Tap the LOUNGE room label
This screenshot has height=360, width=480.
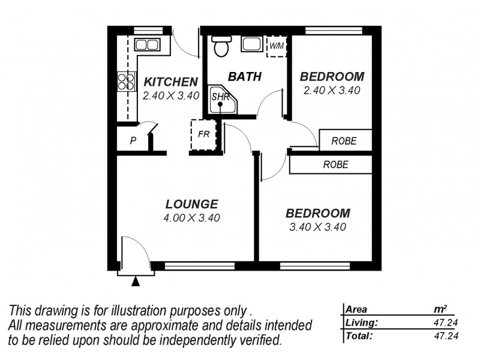191,204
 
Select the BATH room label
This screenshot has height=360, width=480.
245,77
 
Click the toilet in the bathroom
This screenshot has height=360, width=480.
221,46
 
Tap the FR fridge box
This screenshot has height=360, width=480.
203,134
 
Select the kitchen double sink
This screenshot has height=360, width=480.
146,44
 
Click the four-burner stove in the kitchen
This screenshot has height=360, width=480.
126,82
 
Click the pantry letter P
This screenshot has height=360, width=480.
133,142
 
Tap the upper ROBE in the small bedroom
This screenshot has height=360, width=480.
344,141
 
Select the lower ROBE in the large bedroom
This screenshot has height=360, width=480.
335,164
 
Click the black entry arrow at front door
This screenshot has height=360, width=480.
136,281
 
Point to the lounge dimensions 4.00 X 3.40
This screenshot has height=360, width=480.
191,218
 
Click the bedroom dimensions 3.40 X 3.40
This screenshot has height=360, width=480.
317,227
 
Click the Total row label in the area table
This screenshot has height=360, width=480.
359,336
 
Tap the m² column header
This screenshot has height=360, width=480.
440,310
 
